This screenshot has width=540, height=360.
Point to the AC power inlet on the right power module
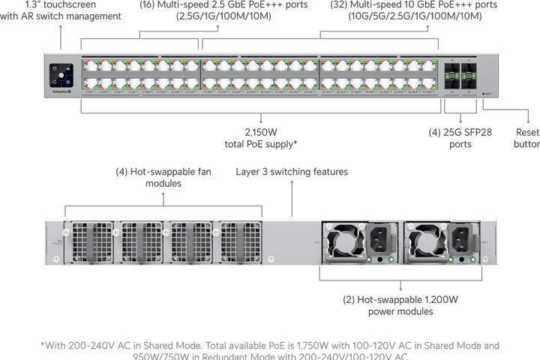click(x=463, y=240)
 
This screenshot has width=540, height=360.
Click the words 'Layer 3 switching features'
click(x=292, y=172)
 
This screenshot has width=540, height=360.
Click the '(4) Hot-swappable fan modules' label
click(x=163, y=177)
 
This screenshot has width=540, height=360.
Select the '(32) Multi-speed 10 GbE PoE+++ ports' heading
click(x=403, y=4)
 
